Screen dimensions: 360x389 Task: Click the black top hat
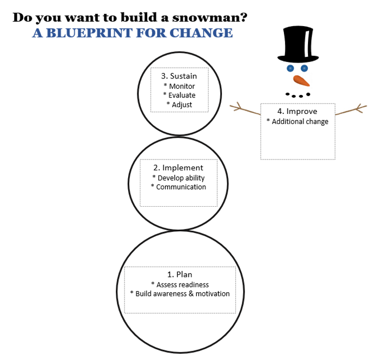tap(297, 44)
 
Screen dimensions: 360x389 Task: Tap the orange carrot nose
tap(301, 81)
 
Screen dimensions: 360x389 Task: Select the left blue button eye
tap(290, 68)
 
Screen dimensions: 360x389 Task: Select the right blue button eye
tap(304, 68)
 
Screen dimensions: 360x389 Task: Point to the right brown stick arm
tap(352, 109)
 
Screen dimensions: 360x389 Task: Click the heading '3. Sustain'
tap(178, 76)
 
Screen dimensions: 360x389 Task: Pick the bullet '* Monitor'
tap(179, 86)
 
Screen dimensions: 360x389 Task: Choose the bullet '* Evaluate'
tap(179, 95)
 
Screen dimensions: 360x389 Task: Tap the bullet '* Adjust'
tap(179, 104)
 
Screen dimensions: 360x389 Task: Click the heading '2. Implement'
tap(178, 168)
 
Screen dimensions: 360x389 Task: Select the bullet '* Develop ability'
tap(178, 178)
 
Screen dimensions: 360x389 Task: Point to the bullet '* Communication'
tap(178, 187)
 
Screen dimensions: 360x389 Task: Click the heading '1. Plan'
tap(180, 274)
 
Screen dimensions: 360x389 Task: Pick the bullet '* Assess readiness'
tap(180, 285)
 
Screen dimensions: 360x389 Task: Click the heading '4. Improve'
tap(297, 111)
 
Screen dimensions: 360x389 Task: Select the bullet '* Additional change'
tap(297, 122)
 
